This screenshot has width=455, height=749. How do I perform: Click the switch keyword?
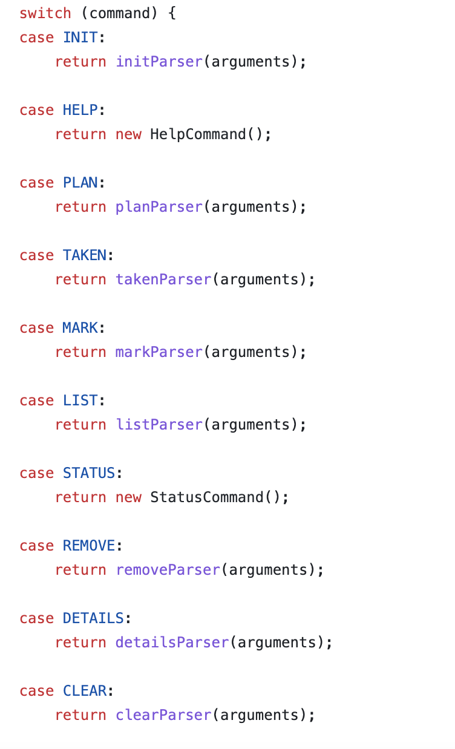pos(45,13)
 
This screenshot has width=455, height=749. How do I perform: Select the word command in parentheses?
pos(119,13)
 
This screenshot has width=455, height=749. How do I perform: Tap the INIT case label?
pos(80,38)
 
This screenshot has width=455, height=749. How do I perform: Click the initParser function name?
pos(159,62)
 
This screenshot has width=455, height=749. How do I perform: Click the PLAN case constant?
pos(80,183)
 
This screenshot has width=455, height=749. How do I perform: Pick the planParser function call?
pos(159,207)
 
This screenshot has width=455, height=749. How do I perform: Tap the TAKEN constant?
pos(85,255)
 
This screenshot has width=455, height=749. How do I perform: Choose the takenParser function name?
pos(163,280)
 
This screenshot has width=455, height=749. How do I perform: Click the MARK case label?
pos(80,328)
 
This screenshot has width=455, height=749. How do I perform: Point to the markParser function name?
pos(159,352)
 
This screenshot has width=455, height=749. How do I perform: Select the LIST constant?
pos(80,401)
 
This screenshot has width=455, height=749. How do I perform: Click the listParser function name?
pos(159,425)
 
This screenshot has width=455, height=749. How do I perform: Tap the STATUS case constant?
pos(89,473)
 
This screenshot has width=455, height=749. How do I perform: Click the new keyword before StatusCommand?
pos(128,497)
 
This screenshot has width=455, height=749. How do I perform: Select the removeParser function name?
pos(168,570)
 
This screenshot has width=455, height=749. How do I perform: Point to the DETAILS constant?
pos(93,618)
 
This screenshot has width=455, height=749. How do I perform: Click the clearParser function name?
pos(163,715)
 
